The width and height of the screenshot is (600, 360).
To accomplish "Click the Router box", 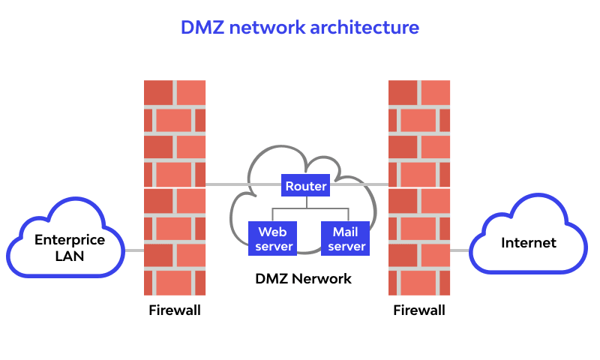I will (306, 185).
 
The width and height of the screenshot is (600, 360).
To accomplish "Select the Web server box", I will (271, 238).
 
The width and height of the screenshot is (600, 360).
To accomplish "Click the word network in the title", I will (266, 28).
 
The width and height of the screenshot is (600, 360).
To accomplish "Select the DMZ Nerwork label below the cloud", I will (303, 279).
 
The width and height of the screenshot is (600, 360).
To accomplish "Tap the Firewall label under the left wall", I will (174, 310).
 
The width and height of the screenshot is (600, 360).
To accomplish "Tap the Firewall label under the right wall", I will (419, 310).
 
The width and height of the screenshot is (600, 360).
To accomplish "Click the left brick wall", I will (174, 187).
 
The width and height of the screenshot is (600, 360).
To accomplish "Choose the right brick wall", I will (419, 187).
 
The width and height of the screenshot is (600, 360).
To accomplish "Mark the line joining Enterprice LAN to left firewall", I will (134, 250).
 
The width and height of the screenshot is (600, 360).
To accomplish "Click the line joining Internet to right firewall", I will (459, 250).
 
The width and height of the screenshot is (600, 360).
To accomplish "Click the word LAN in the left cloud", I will (70, 256).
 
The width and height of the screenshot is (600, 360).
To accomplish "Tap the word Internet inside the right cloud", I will (528, 243).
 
